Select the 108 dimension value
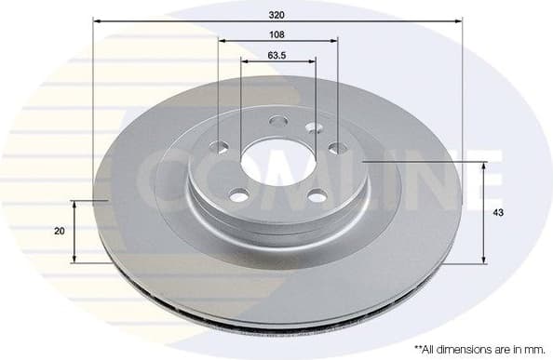point(276,33)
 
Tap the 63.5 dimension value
point(276,55)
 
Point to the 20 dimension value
point(60,231)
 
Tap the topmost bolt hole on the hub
point(277,121)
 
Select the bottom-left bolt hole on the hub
point(239,195)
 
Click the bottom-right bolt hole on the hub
point(317,195)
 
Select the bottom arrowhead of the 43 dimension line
point(483,260)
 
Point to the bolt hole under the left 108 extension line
point(221,146)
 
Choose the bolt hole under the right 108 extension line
point(336,147)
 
